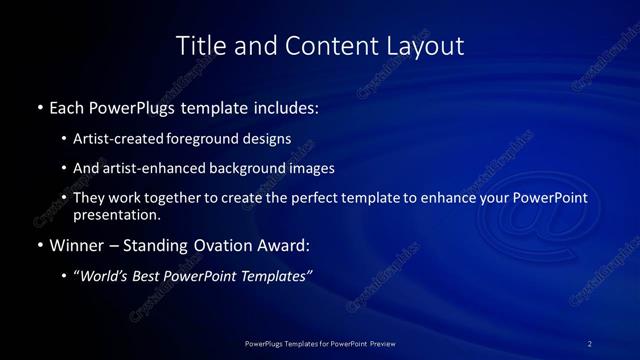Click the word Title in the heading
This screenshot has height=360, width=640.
[198, 46]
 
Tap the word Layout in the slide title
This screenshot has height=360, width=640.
[427, 46]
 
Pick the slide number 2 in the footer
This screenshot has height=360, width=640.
[589, 343]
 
